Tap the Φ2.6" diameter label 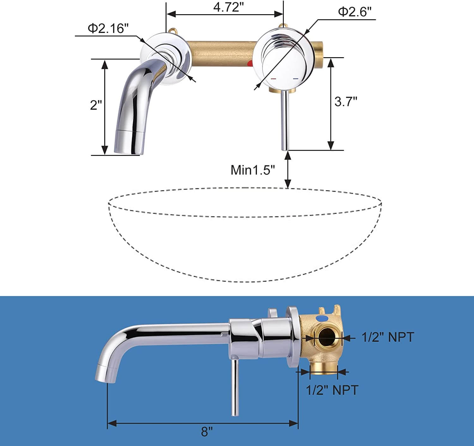354,12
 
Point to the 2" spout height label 96,105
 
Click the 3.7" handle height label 346,102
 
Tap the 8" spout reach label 207,432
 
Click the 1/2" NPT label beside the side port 387,337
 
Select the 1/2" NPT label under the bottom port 332,390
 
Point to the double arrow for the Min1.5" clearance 288,169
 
